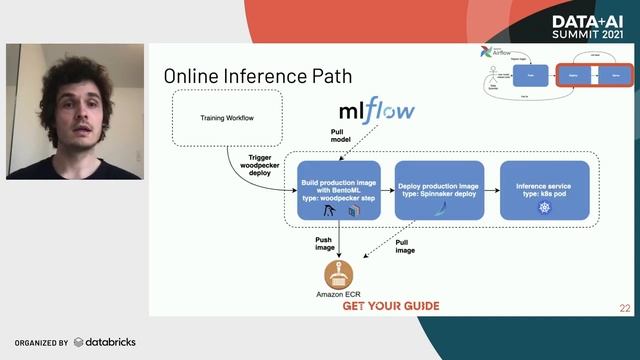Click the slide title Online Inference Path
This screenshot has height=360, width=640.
coord(257,76)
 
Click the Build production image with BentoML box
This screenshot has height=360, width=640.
coord(340,190)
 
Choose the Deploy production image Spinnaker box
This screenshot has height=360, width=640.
coord(439,190)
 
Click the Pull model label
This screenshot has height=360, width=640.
coord(341,138)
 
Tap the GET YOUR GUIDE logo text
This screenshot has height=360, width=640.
coord(390,305)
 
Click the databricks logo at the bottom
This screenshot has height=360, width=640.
coord(104,342)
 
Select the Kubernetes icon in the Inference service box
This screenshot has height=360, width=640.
coord(544,208)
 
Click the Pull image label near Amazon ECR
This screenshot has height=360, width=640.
coord(405,246)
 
